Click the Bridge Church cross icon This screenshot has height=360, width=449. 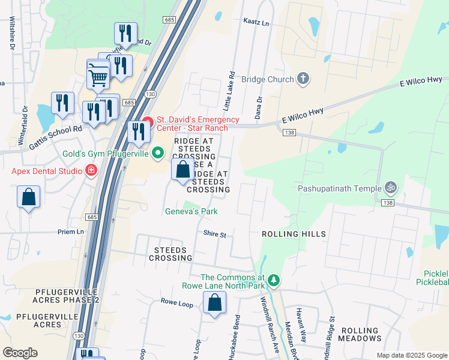(x=303, y=79)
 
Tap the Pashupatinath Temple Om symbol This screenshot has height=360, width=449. (x=391, y=188)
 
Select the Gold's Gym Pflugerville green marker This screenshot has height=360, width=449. (x=158, y=154)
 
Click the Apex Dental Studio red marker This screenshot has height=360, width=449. (x=91, y=171)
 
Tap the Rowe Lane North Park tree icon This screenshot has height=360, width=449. (x=273, y=280)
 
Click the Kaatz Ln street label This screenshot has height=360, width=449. (x=256, y=23)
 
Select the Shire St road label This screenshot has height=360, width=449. (x=214, y=234)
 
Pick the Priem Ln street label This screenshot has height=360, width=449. (x=71, y=232)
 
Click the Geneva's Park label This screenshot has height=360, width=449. (x=191, y=211)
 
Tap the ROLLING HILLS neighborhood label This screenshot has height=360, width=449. (x=294, y=234)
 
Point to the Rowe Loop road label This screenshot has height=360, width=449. (x=176, y=302)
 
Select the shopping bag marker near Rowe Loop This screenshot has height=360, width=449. (x=214, y=304)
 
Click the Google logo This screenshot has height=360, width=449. (x=20, y=353)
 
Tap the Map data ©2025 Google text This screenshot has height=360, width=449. (x=411, y=355)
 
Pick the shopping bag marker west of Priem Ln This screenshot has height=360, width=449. (x=28, y=197)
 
